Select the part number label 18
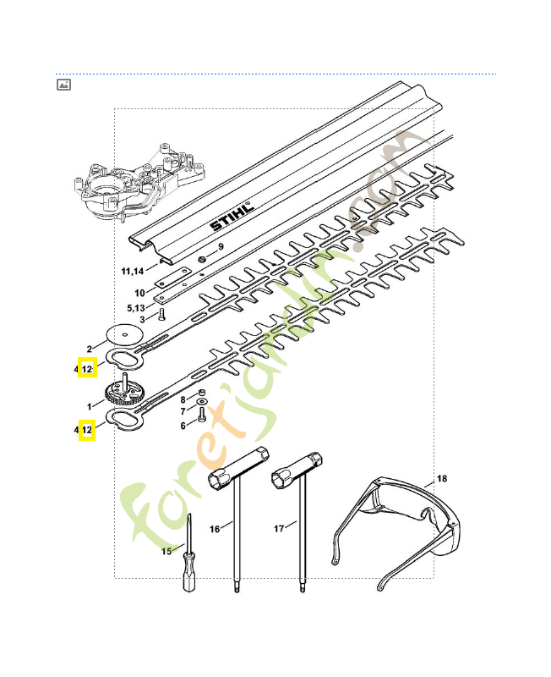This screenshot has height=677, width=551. [442, 479]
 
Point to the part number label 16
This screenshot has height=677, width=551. [215, 529]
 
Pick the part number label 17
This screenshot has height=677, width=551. [280, 529]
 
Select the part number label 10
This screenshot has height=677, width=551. [140, 294]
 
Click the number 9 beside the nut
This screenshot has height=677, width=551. [221, 246]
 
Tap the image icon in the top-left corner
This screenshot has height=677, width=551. [63, 85]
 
